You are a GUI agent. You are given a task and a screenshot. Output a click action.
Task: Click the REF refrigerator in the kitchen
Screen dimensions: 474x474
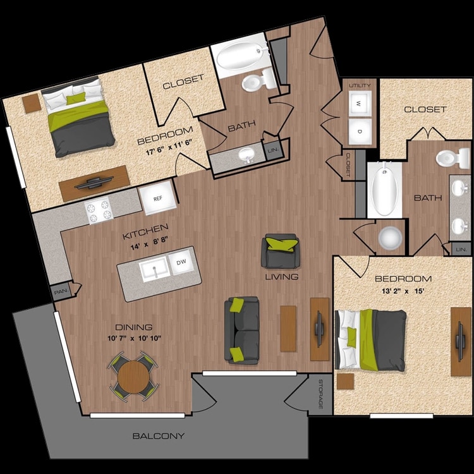click(158, 198)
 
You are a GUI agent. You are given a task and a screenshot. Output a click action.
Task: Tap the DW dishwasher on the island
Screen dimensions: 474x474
click(181, 262)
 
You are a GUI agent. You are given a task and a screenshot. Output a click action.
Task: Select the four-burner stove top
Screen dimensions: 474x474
click(99, 210)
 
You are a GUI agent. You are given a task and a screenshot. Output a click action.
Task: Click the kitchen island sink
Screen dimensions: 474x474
click(154, 269)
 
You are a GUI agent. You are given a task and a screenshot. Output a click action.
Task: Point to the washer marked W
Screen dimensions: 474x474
click(360, 104)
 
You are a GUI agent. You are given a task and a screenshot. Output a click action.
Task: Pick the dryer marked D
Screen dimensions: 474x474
click(360, 131)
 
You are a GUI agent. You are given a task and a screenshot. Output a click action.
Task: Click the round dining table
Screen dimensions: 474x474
click(133, 377)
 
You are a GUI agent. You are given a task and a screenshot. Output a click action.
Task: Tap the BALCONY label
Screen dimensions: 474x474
click(159, 435)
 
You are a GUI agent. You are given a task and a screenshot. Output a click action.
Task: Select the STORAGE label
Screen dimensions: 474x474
click(320, 394)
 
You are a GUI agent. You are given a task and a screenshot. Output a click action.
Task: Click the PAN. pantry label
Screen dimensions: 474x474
click(61, 292)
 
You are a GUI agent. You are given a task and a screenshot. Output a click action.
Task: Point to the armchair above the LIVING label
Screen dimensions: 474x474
click(281, 251)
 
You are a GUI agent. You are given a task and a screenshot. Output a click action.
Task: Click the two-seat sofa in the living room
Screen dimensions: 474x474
click(242, 330)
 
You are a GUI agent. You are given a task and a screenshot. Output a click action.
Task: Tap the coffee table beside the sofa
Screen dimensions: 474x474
click(288, 329)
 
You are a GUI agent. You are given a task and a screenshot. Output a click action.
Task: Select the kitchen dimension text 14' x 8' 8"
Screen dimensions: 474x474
click(149, 244)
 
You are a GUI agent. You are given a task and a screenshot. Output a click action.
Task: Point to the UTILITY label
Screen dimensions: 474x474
click(360, 85)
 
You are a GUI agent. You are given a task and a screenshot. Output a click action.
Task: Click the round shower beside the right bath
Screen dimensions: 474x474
click(390, 238)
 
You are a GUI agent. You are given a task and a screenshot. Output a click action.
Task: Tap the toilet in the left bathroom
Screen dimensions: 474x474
click(258, 80)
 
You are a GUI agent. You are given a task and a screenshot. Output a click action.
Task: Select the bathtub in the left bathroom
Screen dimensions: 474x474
click(241, 56)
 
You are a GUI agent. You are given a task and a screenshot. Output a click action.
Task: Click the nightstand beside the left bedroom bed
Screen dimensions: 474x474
click(32, 104)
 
